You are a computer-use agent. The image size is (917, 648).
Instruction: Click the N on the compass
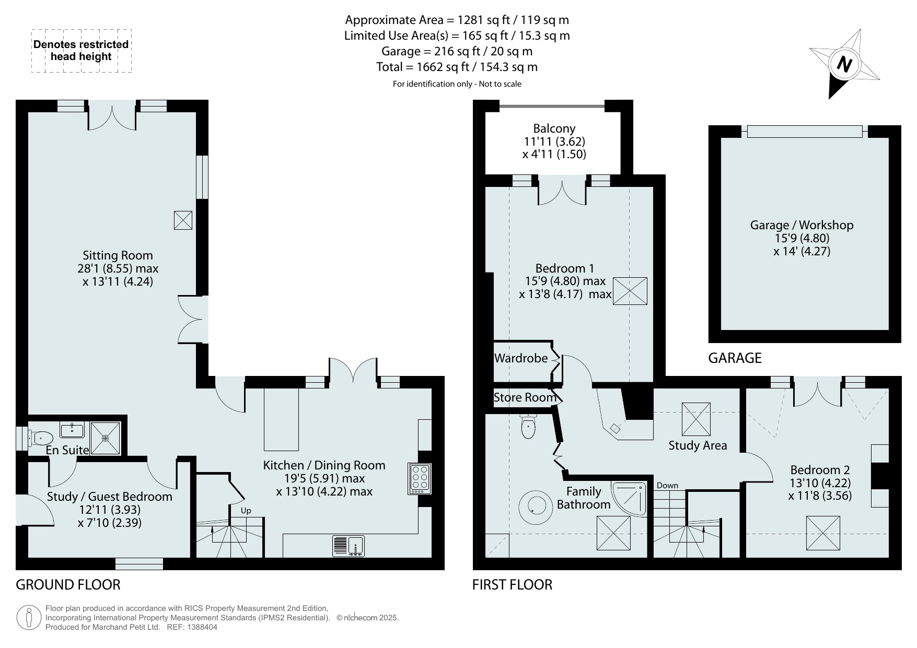[x=844, y=64]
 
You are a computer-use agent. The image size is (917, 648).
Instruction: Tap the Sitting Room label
[x=118, y=255]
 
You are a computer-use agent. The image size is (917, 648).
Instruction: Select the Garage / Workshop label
[x=802, y=225]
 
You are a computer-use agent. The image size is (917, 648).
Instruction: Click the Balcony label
[x=554, y=128]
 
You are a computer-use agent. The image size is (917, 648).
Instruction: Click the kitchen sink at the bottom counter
[x=349, y=546]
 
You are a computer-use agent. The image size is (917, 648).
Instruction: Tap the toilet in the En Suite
[x=40, y=438]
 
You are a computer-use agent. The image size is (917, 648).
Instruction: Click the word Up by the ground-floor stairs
[x=246, y=510]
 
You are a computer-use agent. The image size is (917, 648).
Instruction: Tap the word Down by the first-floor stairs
[x=667, y=486]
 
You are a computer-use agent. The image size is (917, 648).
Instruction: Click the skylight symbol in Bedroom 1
[x=630, y=290]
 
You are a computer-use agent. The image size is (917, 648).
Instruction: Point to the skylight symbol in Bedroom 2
[x=823, y=533]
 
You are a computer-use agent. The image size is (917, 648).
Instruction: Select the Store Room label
[x=525, y=397]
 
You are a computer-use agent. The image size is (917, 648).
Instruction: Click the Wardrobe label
[x=521, y=358]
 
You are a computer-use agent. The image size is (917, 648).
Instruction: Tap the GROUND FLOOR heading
[x=68, y=585]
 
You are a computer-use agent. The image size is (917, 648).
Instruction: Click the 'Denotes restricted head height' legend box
[x=81, y=51]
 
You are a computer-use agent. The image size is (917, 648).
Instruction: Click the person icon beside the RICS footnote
[x=28, y=618]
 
